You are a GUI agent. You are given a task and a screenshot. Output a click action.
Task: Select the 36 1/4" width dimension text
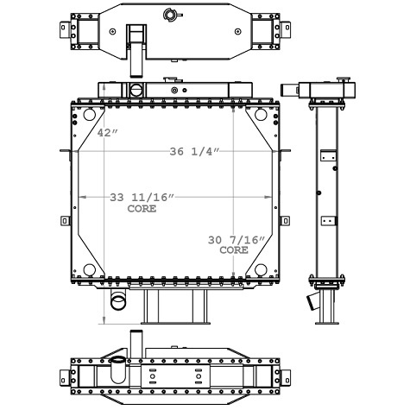pos(195,152)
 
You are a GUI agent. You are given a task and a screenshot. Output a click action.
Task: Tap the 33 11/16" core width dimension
pos(142,198)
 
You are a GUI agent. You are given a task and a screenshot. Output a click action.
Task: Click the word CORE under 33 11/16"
pos(142,209)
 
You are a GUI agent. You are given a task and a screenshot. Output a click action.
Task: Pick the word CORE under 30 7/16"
pos(233,249)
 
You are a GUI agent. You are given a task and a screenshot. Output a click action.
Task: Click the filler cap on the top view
pos(169,13)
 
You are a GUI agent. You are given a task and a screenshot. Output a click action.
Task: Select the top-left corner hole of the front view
pos(88,116)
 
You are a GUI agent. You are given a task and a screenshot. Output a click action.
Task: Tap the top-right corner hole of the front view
pos(261,116)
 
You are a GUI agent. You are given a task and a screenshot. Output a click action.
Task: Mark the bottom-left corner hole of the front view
pos(88,269)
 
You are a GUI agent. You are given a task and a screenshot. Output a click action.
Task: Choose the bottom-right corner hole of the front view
pos(261,269)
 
